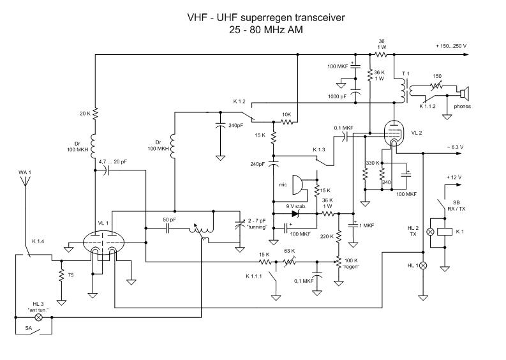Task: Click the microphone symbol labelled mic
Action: [296, 185]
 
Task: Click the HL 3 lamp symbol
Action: [38, 317]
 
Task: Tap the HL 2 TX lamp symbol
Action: [431, 231]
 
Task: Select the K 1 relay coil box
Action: [450, 231]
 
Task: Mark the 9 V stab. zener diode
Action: [295, 214]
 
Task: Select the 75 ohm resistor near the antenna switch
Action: [61, 276]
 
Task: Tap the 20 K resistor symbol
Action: [94, 114]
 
